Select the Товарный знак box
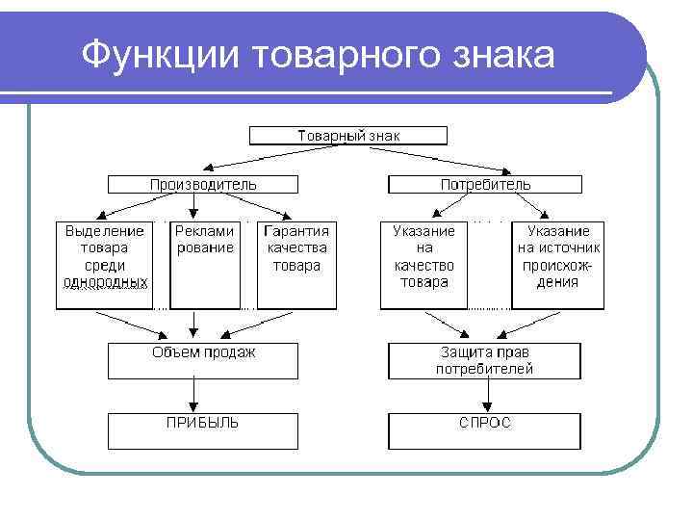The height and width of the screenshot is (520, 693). pyautogui.click(x=347, y=136)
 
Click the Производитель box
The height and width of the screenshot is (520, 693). pyautogui.click(x=203, y=184)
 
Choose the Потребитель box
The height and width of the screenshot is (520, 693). pyautogui.click(x=485, y=184)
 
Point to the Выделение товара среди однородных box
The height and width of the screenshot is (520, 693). pyautogui.click(x=105, y=265)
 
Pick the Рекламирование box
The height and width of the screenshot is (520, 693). pyautogui.click(x=204, y=265)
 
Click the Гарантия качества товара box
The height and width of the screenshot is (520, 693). pyautogui.click(x=296, y=265)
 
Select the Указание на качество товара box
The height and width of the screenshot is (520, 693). pyautogui.click(x=423, y=265)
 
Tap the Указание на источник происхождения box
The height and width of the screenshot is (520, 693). pyautogui.click(x=558, y=265)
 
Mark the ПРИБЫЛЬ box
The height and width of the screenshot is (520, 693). pyautogui.click(x=203, y=430)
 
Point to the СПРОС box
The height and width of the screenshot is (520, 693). pyautogui.click(x=485, y=430)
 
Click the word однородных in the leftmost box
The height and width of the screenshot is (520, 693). pyautogui.click(x=105, y=282)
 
